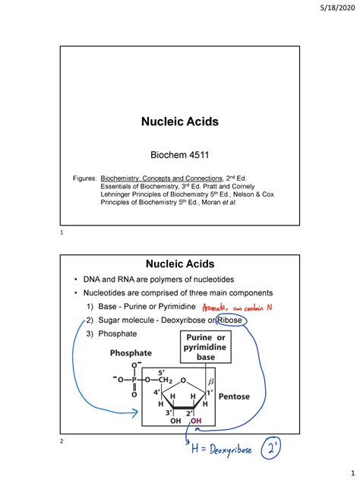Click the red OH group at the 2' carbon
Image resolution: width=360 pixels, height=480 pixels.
click(195, 423)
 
